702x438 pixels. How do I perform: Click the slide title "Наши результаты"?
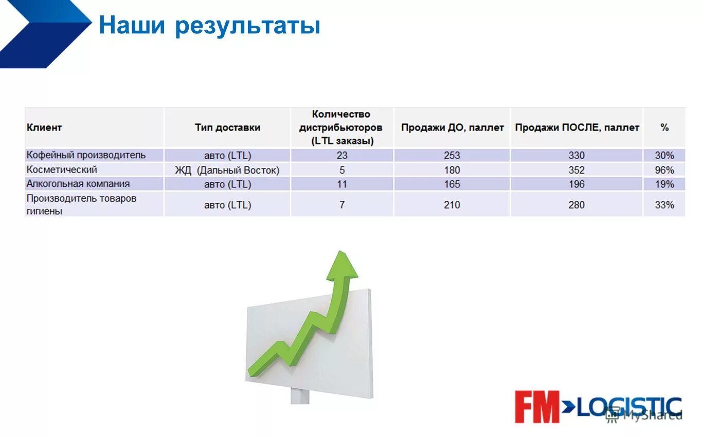pos(209,26)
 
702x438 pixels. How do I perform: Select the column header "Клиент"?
pos(44,127)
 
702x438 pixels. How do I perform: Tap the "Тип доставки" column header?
pos(227,127)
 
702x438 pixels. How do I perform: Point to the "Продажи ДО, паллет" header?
pos(452,127)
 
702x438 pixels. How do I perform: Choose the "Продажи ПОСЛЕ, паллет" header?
pos(577,127)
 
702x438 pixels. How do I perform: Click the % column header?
pos(664,127)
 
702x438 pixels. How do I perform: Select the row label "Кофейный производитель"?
pos(86,155)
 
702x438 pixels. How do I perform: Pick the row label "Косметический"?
pos(62,169)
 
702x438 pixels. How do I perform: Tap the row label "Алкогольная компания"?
pos(78,184)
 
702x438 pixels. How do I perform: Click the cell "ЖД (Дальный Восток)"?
pos(227,170)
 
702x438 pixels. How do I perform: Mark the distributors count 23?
pos(342,156)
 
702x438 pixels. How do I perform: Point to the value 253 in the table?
pos(452,156)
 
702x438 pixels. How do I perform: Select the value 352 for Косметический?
pos(577,170)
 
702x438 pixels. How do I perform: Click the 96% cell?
pos(664,170)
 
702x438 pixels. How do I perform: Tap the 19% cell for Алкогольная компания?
pos(664,184)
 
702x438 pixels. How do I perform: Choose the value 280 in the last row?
pos(577,205)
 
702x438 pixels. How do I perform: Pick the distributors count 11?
pos(342,184)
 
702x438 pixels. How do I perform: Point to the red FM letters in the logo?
pos(537,407)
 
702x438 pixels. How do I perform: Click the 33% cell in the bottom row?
pos(664,205)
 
